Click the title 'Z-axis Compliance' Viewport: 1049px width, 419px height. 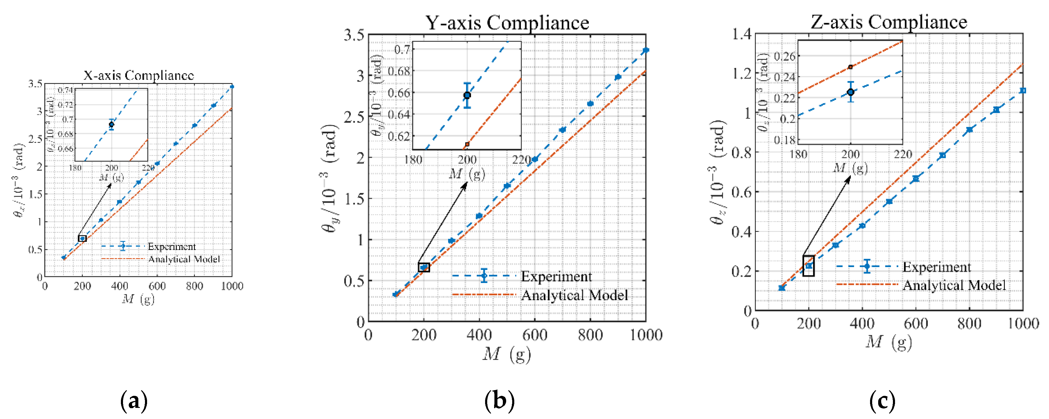[889, 22]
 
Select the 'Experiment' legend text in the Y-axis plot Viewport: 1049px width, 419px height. [556, 276]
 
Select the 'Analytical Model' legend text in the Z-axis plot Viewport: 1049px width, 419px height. [954, 285]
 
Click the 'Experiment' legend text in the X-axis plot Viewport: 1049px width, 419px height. [171, 247]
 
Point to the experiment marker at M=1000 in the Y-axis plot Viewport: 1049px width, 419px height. [645, 51]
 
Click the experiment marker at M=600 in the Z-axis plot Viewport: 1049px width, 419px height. [916, 179]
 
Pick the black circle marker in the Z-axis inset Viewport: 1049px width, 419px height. [850, 92]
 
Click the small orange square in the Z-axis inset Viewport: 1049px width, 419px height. [850, 67]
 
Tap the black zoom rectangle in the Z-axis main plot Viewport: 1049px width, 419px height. [808, 266]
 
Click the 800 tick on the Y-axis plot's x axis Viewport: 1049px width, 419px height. [590, 335]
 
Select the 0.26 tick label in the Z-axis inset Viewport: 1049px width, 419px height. [784, 56]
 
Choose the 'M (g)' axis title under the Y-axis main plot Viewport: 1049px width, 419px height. [507, 354]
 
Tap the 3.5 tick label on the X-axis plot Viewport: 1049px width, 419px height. [35, 84]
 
